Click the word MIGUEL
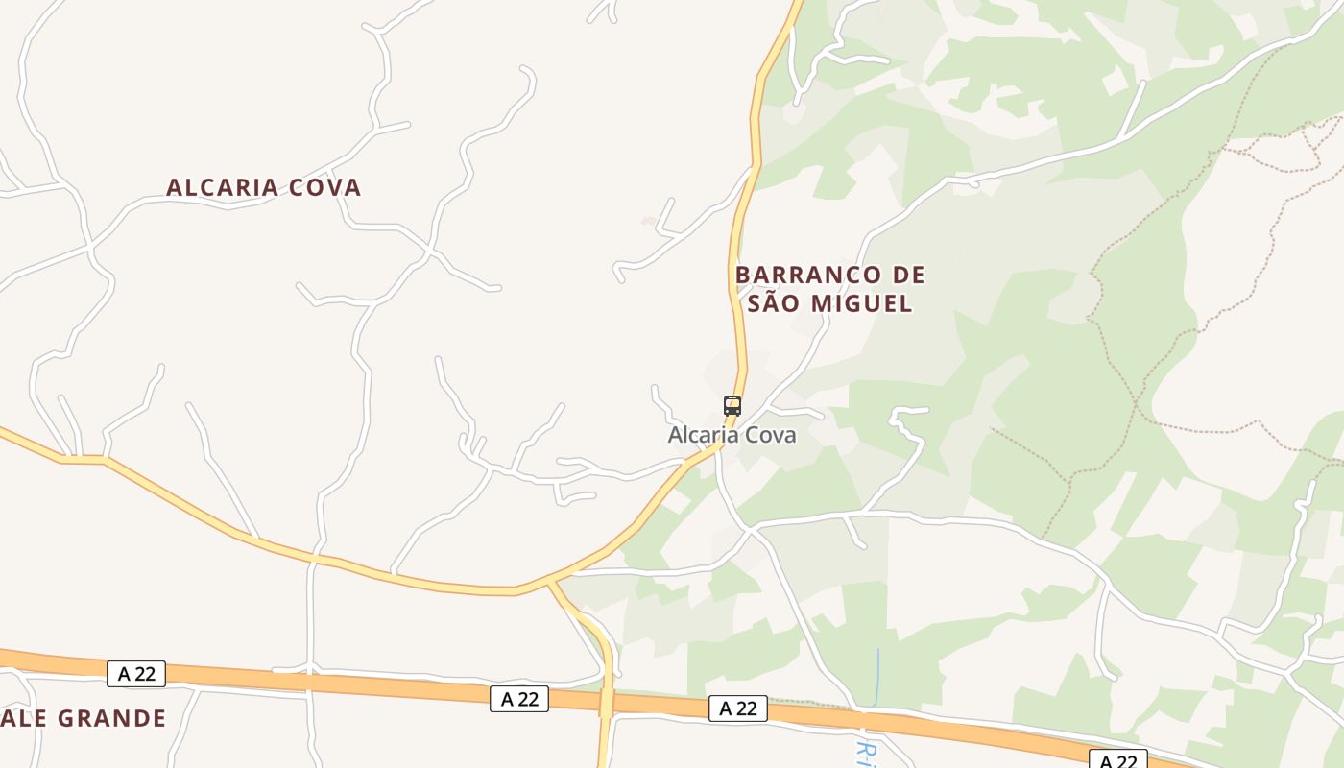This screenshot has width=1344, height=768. point(859,304)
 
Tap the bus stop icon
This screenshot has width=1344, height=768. point(732,405)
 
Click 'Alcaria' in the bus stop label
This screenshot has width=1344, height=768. point(699,435)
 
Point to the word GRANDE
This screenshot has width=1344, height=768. point(112,718)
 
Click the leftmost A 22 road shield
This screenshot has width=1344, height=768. point(136,674)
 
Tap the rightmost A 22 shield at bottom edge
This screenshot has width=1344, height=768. point(1118,760)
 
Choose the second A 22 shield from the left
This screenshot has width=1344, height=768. point(519,699)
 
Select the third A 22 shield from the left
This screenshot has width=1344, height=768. point(738,708)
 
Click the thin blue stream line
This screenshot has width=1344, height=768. point(877,677)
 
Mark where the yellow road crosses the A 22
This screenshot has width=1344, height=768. point(606,702)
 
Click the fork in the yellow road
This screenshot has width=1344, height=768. point(551,582)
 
